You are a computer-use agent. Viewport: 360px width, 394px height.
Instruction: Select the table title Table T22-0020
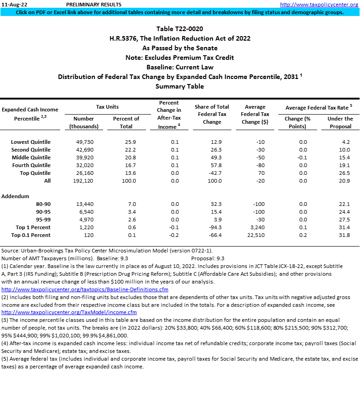coord(179,29)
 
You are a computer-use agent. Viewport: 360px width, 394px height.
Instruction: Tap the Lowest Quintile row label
coord(31,142)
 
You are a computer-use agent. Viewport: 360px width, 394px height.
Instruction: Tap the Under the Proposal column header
coord(340,122)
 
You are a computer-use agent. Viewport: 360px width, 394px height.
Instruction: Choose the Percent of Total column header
coord(126,122)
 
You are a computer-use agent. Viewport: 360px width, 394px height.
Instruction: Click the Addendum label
coord(15,196)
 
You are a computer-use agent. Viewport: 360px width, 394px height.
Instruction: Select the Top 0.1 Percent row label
coord(33,235)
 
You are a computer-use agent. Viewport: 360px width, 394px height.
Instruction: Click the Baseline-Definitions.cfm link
coord(85,289)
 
